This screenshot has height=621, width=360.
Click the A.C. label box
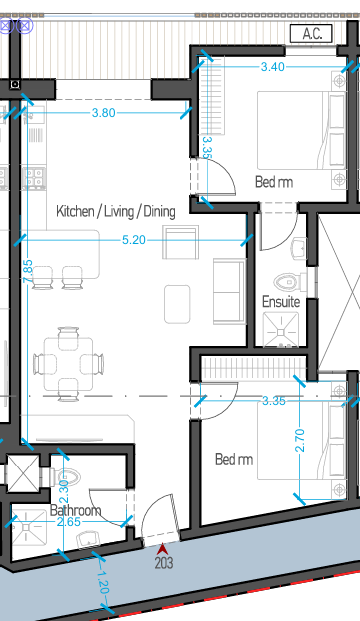(x=311, y=33)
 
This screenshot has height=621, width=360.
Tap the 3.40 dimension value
(x=273, y=67)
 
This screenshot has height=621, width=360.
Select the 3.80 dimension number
(x=104, y=113)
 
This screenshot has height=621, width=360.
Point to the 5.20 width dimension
(x=134, y=240)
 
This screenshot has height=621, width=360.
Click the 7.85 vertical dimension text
(x=27, y=272)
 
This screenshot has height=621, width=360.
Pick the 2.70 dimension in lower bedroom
(x=300, y=440)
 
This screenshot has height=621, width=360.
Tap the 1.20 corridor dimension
(x=102, y=583)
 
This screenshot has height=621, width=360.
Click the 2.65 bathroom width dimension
(x=69, y=522)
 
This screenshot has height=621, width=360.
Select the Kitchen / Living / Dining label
(x=116, y=211)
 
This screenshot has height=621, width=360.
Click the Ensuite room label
(x=281, y=302)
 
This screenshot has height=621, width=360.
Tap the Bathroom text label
(x=75, y=510)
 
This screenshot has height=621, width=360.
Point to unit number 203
(x=164, y=563)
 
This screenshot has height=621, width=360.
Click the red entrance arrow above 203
(x=162, y=549)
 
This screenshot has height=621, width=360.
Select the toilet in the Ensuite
(x=289, y=282)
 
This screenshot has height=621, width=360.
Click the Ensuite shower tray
(x=281, y=330)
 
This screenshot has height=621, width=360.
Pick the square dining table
(x=68, y=364)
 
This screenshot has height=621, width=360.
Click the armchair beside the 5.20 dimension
(x=180, y=242)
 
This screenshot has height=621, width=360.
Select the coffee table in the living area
(x=178, y=304)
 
